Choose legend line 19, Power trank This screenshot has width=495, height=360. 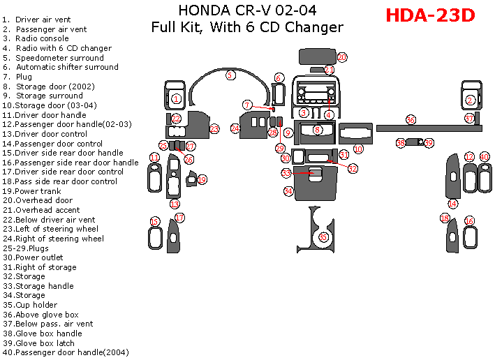(40, 191)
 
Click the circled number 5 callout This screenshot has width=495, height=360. (230, 75)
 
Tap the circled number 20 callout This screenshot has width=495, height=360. (342, 57)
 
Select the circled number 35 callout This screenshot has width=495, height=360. (323, 237)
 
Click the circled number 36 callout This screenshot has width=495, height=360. (411, 120)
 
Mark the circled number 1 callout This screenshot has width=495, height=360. (176, 99)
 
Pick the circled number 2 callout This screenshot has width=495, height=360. (470, 100)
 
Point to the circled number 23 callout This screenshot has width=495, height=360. (214, 128)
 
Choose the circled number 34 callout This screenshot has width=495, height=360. (288, 190)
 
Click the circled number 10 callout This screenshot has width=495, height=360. (357, 149)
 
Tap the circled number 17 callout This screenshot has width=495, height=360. (179, 218)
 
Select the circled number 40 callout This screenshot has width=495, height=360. (484, 157)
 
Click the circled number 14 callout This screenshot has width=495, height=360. (452, 204)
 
